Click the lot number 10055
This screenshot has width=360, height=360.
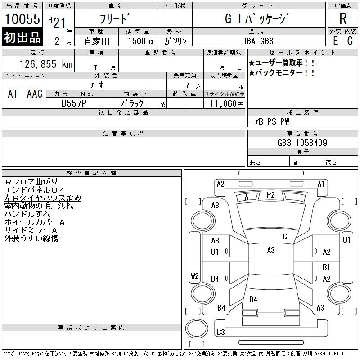22,19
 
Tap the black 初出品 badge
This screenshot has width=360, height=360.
22,37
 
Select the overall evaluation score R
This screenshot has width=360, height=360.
343,18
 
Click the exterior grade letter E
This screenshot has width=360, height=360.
335,40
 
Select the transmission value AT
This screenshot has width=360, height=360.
13,94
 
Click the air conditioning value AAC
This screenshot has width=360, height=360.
35,94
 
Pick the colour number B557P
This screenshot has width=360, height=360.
74,103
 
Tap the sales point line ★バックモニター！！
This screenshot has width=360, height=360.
282,72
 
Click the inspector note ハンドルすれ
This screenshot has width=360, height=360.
27,214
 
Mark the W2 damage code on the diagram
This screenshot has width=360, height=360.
194,276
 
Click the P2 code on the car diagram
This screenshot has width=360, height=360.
270,194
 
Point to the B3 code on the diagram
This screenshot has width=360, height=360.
220,332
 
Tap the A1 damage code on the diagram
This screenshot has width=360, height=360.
321,184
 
